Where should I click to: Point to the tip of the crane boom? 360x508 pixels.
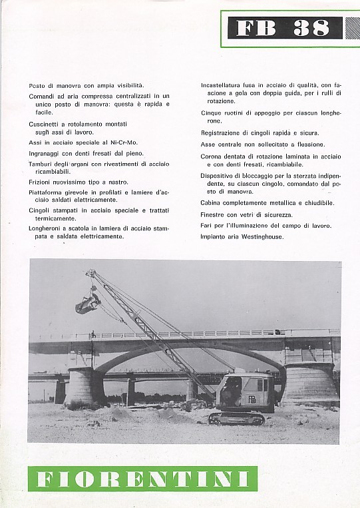tap(89, 272)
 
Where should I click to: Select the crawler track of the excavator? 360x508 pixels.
tap(236, 417)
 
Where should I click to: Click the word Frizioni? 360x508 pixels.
tap(41, 181)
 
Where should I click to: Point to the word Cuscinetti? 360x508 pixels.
tap(44, 124)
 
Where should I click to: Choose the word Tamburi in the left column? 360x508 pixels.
tap(41, 162)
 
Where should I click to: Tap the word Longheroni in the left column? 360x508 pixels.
tap(46, 228)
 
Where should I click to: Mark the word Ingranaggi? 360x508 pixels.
tap(45, 152)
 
